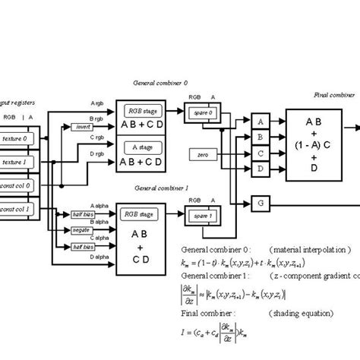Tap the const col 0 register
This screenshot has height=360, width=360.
point(15,185)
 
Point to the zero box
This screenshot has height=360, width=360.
point(203,155)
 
